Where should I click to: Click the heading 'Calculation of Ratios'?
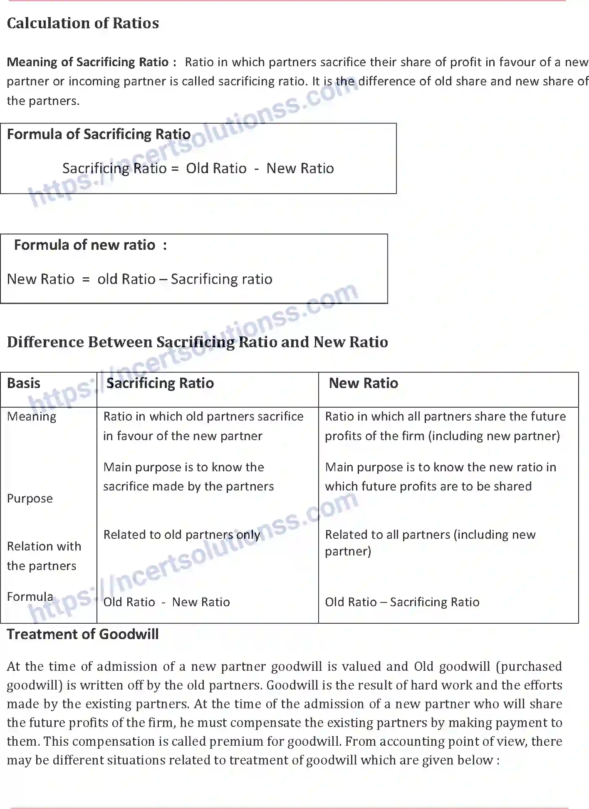[x=83, y=23]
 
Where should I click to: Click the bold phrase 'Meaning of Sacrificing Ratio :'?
[x=92, y=62]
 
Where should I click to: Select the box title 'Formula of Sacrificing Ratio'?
[x=99, y=134]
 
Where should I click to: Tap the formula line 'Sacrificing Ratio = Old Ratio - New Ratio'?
[x=198, y=168]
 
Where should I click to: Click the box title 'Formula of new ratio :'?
[x=91, y=245]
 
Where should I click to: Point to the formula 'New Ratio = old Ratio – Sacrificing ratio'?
[x=140, y=279]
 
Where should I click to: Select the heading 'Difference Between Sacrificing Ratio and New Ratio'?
[x=198, y=342]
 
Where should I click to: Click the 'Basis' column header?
[x=24, y=383]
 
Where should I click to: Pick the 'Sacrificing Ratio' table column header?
[x=160, y=383]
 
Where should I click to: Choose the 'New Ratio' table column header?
[x=363, y=383]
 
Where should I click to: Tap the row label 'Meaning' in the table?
[x=32, y=416]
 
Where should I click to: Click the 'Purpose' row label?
[x=30, y=498]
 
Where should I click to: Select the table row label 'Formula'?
[x=30, y=597]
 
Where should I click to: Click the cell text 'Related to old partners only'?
[x=182, y=535]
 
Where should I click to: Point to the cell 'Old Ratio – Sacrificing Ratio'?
[x=402, y=602]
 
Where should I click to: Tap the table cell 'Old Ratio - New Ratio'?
[x=166, y=602]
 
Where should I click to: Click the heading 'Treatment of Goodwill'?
[x=83, y=634]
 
